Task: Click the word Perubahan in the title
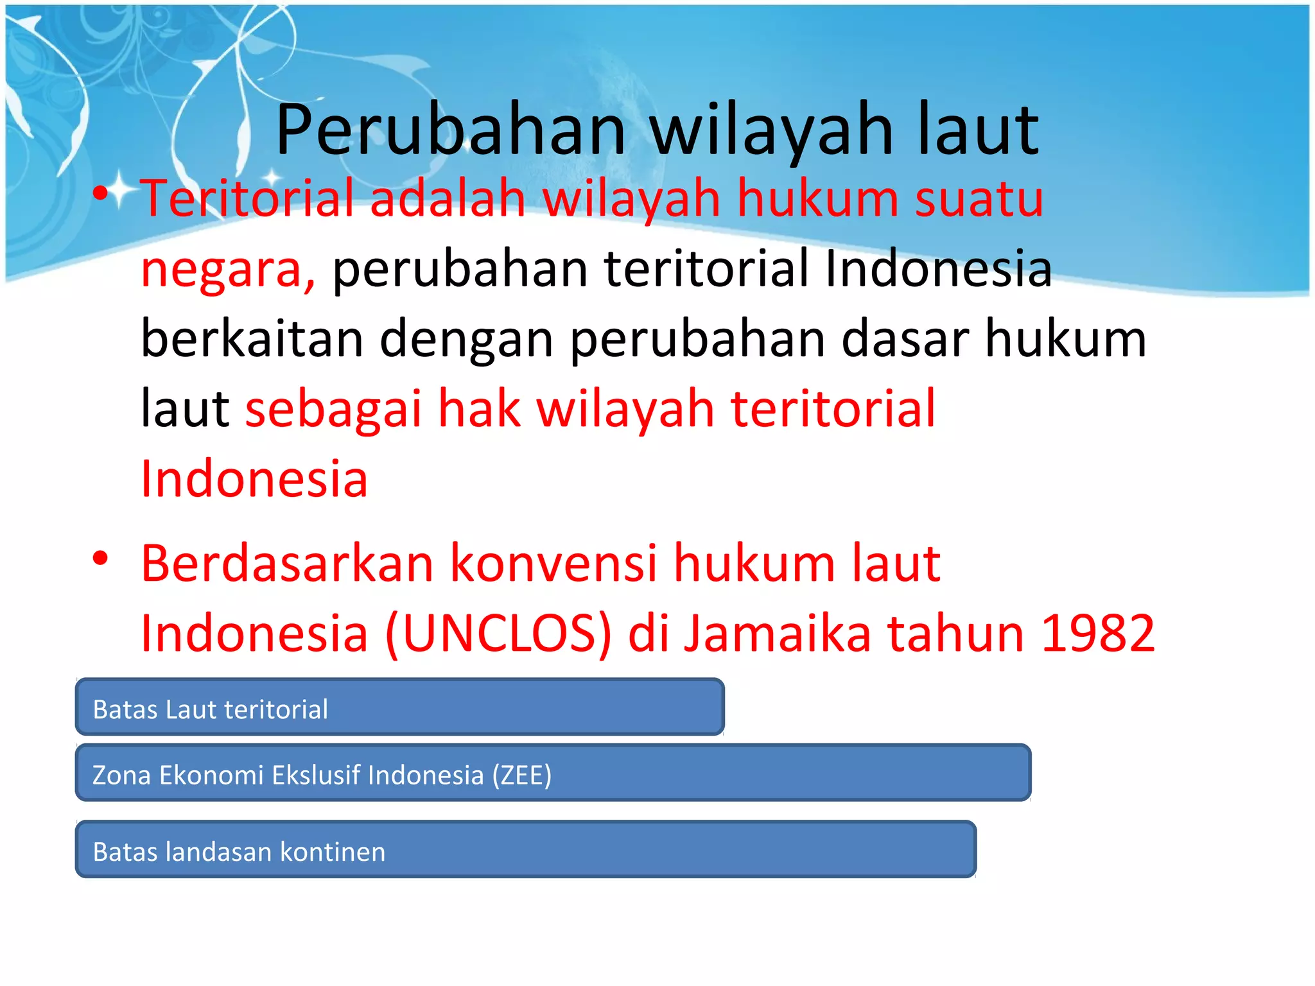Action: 449,132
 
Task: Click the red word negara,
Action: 228,270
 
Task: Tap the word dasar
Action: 905,338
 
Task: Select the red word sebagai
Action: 333,410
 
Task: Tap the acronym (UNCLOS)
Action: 498,634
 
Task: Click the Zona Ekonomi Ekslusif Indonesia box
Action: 552,773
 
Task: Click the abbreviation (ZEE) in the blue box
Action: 521,775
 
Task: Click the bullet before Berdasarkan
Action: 100,558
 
